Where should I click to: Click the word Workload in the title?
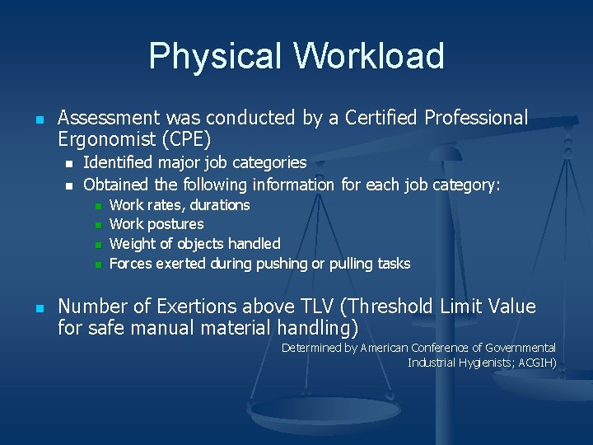(368, 56)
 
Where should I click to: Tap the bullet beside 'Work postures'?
(98, 225)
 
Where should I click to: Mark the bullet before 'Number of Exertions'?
(39, 308)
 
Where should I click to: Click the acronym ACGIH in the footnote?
(535, 363)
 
